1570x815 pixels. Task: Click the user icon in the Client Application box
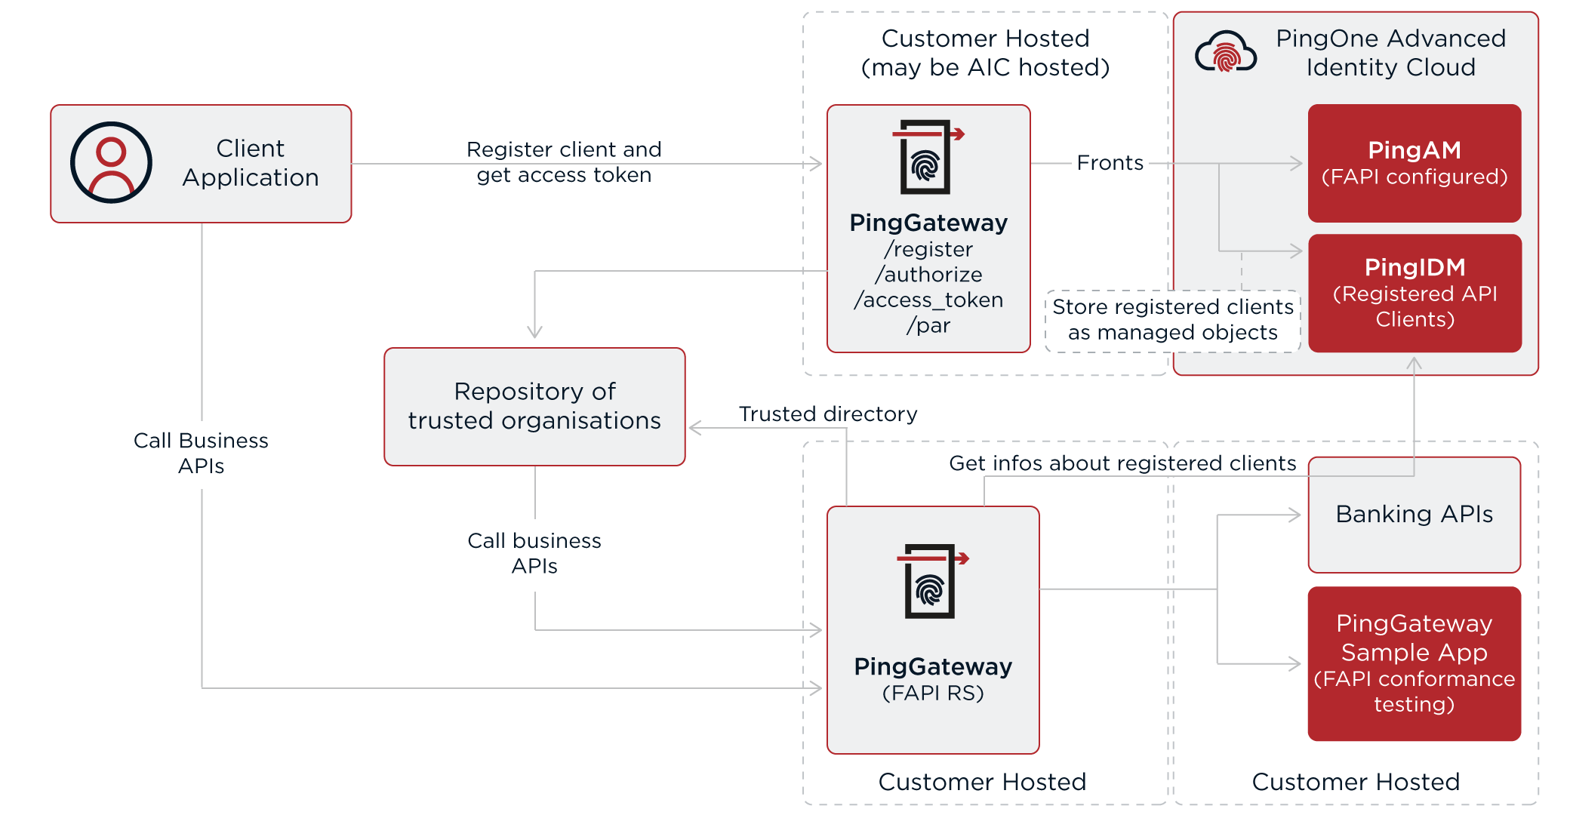coord(111,162)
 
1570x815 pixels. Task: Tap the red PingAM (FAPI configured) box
coord(1414,163)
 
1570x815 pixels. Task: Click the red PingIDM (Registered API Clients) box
coord(1414,293)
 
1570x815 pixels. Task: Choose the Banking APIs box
coord(1414,515)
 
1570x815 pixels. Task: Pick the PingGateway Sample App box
coord(1414,663)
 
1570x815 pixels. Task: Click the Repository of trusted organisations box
coord(534,406)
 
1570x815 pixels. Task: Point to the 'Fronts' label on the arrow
coord(1110,163)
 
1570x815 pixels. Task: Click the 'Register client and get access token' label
coord(564,162)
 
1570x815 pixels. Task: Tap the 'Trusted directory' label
coord(827,414)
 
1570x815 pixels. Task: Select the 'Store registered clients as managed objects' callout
coord(1172,320)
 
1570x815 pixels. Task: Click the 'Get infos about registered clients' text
coord(1122,463)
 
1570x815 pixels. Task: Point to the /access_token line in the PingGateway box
coord(928,300)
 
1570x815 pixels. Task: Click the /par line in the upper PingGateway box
coord(928,326)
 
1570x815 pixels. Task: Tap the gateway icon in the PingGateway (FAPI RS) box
coord(931,580)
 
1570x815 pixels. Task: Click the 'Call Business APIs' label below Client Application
coord(201,453)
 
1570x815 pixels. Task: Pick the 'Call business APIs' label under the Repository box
coord(534,553)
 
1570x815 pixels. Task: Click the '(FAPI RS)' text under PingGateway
coord(933,693)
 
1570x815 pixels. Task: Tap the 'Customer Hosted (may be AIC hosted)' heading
coord(985,53)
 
